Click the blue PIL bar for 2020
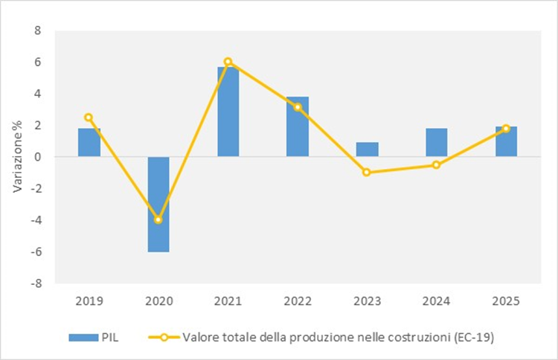(x=158, y=205)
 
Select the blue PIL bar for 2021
(x=228, y=112)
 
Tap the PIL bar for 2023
(x=367, y=150)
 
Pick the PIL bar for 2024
(x=437, y=143)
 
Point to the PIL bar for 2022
(x=298, y=126)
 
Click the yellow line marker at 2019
(x=89, y=118)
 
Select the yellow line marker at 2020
(x=158, y=220)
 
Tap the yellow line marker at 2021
(x=228, y=62)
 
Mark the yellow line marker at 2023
(x=367, y=173)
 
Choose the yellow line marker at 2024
(x=437, y=165)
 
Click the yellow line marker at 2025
(x=506, y=129)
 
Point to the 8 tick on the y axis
(x=37, y=30)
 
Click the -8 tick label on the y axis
(x=35, y=283)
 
